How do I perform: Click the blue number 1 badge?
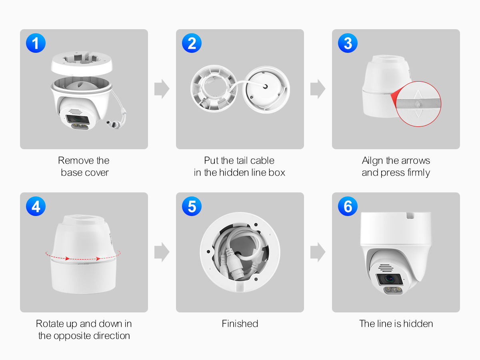tap(36, 43)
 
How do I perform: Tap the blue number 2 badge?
tap(192, 43)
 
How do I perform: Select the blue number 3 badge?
tap(348, 43)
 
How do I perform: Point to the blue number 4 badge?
tap(36, 206)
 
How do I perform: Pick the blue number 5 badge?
tap(192, 206)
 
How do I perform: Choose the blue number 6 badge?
tap(348, 206)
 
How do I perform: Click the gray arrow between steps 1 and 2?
tap(162, 89)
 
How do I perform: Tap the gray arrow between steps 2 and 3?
tap(318, 89)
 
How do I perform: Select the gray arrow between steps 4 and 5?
tap(162, 252)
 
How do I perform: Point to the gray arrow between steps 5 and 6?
tap(318, 252)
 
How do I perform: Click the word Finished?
tap(240, 324)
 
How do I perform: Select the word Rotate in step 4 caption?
tap(50, 324)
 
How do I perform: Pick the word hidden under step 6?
tap(418, 324)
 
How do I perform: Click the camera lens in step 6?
tap(389, 279)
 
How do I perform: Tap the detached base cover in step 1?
tap(82, 64)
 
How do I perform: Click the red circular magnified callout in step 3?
tap(418, 104)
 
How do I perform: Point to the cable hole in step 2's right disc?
tap(265, 86)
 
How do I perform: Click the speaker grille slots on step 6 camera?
tap(386, 268)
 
